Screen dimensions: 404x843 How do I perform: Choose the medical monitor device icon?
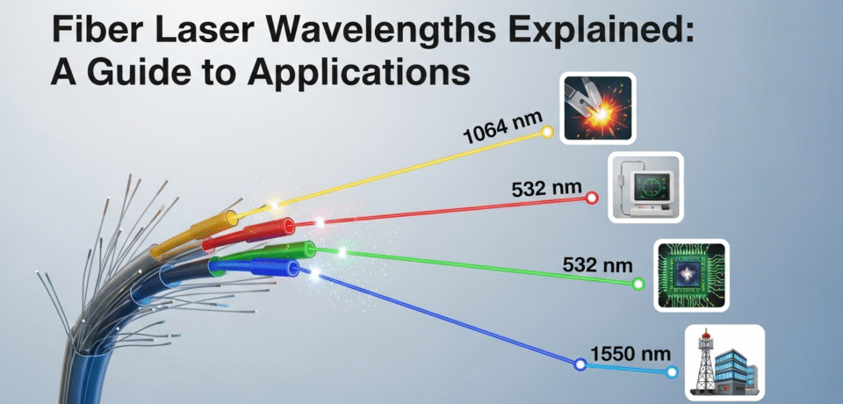(x=646, y=187)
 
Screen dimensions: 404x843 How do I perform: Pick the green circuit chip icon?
(x=692, y=275)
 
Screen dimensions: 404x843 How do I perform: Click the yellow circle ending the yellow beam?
(x=547, y=133)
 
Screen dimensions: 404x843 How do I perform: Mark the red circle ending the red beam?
(x=593, y=198)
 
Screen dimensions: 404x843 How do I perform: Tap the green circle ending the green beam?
(x=638, y=284)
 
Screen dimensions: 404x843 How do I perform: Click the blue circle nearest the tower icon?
(x=672, y=372)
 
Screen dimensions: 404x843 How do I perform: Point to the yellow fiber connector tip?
(x=230, y=216)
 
